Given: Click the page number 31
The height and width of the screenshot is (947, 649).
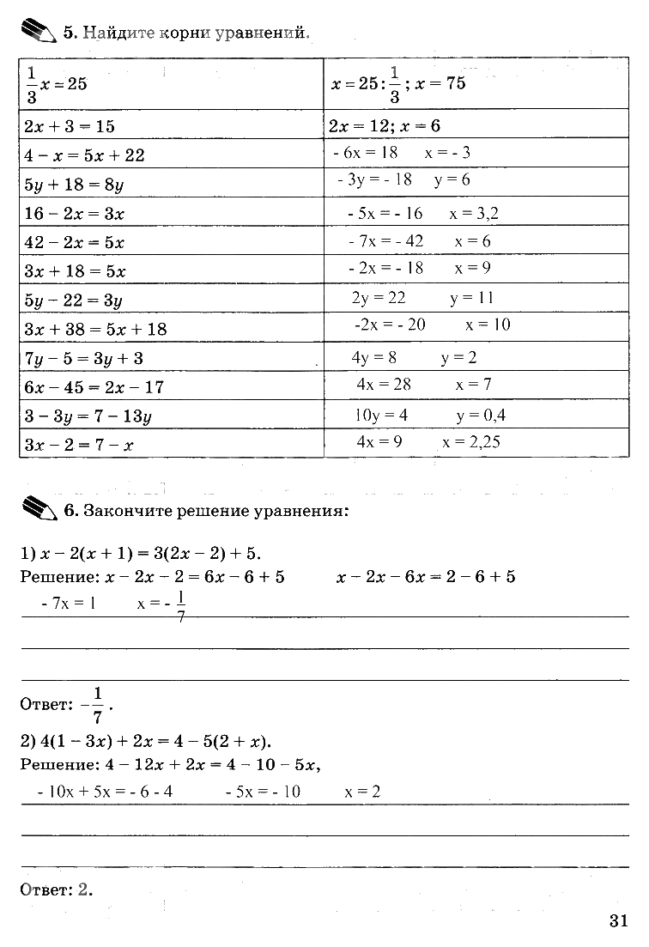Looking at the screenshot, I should [619, 920].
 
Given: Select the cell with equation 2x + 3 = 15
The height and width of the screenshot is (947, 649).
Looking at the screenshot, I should [70, 126].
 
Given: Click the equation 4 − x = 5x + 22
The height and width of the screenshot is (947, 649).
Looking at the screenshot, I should [85, 155].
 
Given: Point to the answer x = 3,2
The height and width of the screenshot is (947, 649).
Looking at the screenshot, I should [473, 214].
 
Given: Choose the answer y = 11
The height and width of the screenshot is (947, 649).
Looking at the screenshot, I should [471, 299].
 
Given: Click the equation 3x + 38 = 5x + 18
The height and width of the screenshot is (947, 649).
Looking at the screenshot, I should [96, 329].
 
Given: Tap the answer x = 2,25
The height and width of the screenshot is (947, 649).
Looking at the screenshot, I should [471, 443].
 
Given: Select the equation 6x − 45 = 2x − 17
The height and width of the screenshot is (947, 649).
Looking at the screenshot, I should [94, 386].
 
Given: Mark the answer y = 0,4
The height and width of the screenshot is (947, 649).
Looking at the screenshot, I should [481, 416].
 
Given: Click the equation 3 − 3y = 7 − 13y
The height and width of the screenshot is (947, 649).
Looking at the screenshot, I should [88, 416].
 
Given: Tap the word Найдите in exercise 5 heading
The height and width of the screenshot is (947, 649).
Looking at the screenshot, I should [115, 33].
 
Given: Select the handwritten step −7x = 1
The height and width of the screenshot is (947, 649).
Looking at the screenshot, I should [69, 604].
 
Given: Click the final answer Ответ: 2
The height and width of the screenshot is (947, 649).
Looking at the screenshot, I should [56, 889].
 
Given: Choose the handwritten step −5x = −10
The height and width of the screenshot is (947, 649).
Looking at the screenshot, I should [263, 792].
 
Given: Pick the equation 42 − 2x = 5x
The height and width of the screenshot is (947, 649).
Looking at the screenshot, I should [75, 242].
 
